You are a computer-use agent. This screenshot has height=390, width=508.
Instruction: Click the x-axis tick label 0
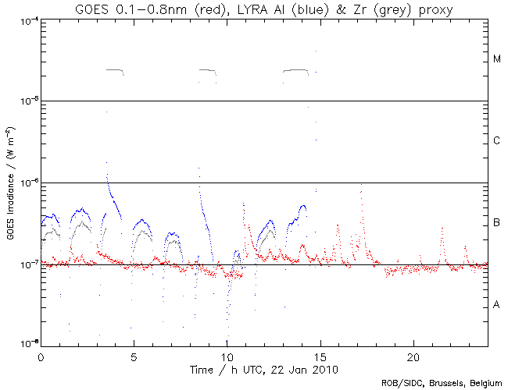pyautogui.click(x=41, y=356)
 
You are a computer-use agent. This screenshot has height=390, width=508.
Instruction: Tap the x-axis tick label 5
pyautogui.click(x=134, y=356)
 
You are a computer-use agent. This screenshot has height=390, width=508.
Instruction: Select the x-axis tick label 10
pyautogui.click(x=227, y=356)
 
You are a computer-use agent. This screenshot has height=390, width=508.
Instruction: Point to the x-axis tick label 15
pyautogui.click(x=320, y=356)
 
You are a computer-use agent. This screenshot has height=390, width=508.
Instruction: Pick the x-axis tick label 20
pyautogui.click(x=413, y=356)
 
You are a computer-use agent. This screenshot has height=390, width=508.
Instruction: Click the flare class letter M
pyautogui.click(x=497, y=59)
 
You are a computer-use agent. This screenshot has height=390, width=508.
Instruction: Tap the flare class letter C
pyautogui.click(x=497, y=141)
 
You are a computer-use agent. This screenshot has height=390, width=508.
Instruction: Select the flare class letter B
pyautogui.click(x=497, y=224)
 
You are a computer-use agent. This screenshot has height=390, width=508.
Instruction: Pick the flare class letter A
pyautogui.click(x=497, y=304)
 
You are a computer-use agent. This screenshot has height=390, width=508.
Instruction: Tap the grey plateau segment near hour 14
pyautogui.click(x=296, y=70)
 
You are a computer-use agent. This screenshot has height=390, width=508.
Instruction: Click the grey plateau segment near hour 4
pyautogui.click(x=115, y=70)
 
